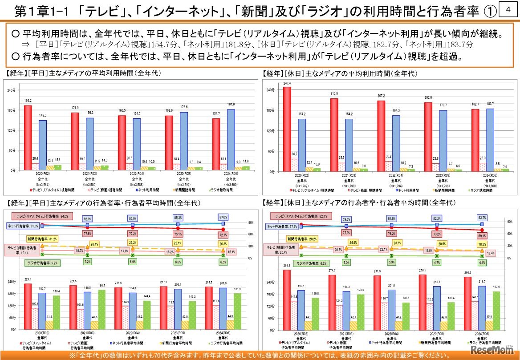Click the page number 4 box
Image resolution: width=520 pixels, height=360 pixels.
tap(508, 9)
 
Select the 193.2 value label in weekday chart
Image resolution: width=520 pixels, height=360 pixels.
tap(28, 101)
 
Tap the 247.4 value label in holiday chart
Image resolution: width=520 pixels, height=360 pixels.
tap(287, 83)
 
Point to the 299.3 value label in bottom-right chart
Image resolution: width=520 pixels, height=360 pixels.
tap(286, 265)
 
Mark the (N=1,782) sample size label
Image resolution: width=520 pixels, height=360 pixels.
tap(301, 184)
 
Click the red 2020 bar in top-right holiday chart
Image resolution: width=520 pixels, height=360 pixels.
tap(287, 129)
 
